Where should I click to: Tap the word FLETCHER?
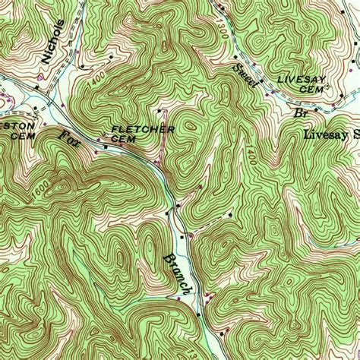tap(143, 130)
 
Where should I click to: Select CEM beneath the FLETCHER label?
tap(122, 139)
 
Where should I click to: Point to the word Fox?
tap(68, 141)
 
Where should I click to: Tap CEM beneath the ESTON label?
tap(18, 135)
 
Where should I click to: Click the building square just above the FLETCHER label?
tap(159, 112)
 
